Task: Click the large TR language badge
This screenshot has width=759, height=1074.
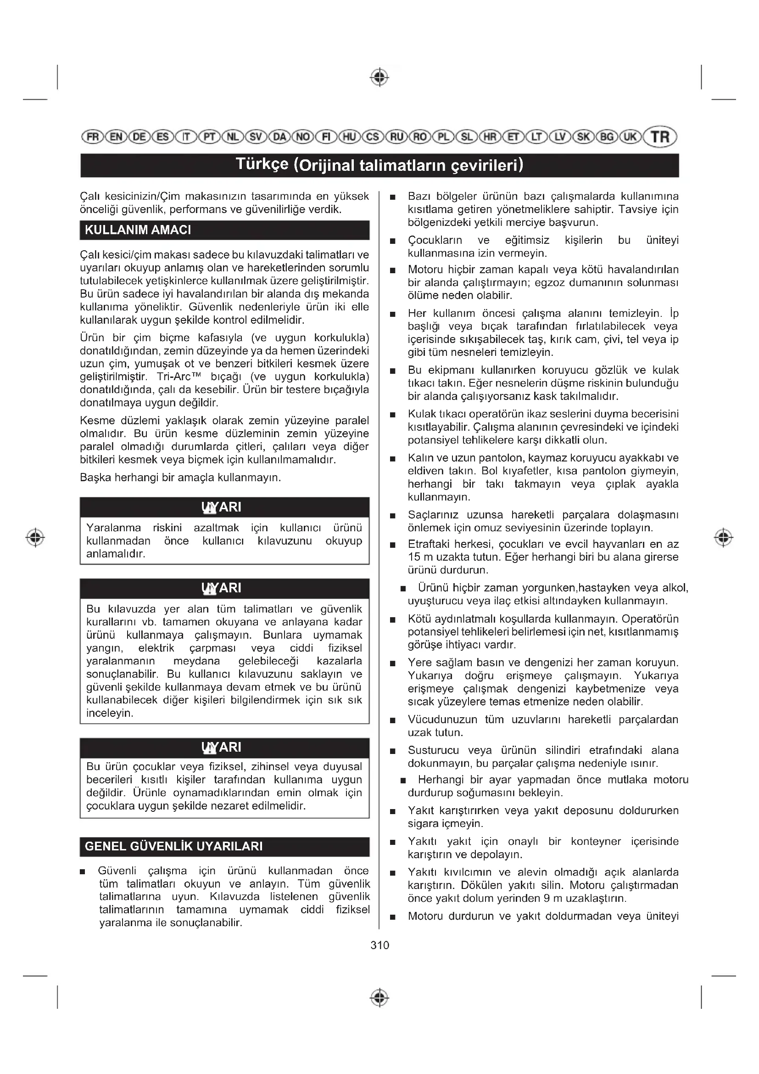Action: point(660,137)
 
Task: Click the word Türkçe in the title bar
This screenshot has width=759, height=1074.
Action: point(262,164)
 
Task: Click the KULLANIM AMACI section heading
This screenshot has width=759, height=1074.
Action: point(138,230)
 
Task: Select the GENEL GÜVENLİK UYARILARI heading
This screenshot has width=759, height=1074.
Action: point(173,846)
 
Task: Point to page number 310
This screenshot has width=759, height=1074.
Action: point(379,945)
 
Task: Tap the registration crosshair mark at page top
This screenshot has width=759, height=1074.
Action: point(379,77)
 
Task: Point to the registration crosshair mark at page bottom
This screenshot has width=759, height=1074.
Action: point(379,998)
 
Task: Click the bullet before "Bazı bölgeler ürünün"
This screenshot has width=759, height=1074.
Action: point(393,197)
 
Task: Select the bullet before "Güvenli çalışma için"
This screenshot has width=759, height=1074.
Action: point(83,872)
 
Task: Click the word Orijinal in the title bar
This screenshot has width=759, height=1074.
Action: point(326,165)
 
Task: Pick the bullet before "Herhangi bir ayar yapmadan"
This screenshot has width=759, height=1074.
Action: point(403,780)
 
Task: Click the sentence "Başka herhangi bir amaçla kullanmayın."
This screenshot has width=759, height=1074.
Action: point(180,478)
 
